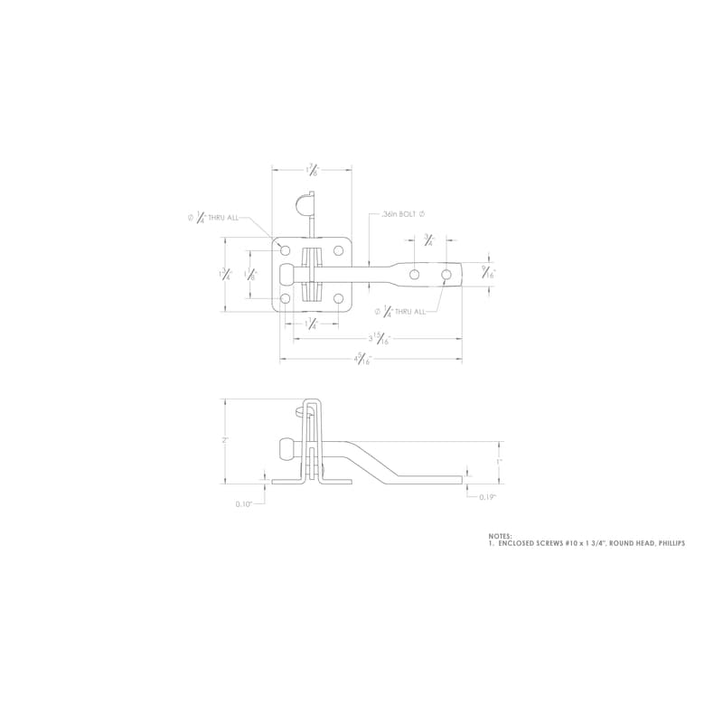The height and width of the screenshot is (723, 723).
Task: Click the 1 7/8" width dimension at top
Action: (x=312, y=169)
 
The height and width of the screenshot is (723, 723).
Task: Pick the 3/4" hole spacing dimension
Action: (x=428, y=240)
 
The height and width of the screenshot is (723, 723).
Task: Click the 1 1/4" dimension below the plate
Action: (x=312, y=323)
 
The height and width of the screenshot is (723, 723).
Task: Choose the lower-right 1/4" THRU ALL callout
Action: (x=399, y=311)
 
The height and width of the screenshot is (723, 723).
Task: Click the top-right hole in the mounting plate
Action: (x=338, y=250)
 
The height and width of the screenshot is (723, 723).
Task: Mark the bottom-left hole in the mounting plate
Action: (x=286, y=297)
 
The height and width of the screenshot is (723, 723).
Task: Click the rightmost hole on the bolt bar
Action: (x=446, y=273)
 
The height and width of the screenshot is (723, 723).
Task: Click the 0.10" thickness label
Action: (x=243, y=504)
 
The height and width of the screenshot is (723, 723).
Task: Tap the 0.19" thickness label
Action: (x=487, y=496)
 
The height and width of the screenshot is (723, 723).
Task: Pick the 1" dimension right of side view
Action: (x=499, y=461)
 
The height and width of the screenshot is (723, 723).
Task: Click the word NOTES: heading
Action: (x=500, y=536)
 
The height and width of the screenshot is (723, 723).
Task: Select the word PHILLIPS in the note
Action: (x=667, y=544)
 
